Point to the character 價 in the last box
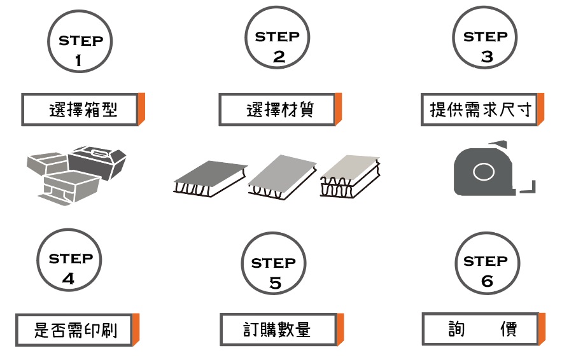[509, 329]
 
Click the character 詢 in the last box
[456, 329]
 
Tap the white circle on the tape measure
[484, 172]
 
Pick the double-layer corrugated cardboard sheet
[350, 176]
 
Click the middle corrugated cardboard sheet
[282, 177]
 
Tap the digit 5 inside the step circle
[275, 283]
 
